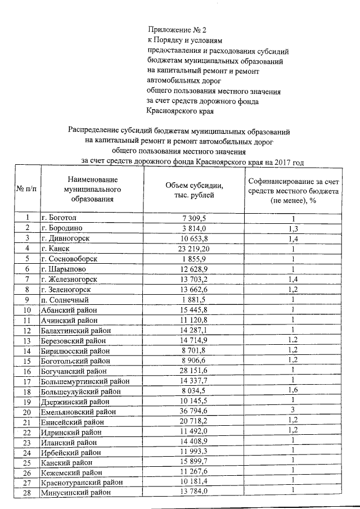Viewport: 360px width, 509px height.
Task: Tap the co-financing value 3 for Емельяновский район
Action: coord(292,411)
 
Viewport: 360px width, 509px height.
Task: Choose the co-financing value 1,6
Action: coord(292,390)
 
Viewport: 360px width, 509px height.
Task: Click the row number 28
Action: coord(26,493)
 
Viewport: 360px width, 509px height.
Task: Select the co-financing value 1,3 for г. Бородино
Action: coord(292,228)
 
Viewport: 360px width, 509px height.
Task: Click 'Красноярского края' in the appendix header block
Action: coord(179,111)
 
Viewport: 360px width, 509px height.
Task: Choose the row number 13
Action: coord(26,340)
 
